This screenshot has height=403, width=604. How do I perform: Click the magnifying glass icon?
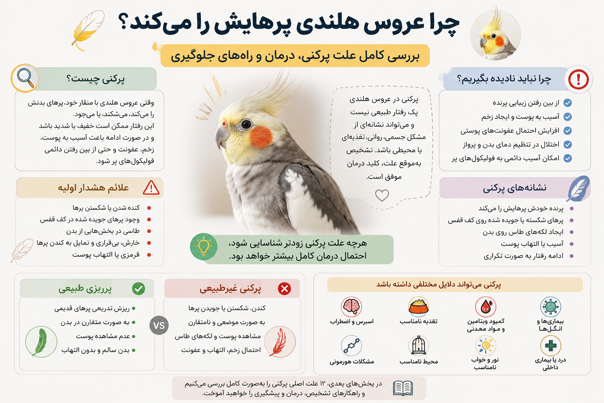pos(25,78)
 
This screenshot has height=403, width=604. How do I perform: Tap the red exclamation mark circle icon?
pos(578,79)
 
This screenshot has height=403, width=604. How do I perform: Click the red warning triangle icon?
pos(151,188)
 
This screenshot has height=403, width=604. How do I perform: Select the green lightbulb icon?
pos(204,246)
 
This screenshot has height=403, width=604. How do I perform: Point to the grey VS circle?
pos(159,325)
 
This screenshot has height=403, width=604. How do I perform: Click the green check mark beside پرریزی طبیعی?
pos(138,288)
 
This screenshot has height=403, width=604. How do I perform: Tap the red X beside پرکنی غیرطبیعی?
pos(284,288)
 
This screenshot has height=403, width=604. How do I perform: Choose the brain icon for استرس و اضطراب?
pos(351,307)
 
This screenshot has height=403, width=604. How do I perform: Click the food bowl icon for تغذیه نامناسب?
pos(418,307)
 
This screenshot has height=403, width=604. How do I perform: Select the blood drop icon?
pos(485,307)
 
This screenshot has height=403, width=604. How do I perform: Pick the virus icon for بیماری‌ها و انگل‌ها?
pos(551,307)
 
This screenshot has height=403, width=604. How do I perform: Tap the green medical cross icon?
pos(551,346)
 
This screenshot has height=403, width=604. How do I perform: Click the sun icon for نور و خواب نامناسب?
pos(485,346)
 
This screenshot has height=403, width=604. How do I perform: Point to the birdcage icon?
pos(418,346)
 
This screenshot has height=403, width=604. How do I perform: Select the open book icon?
pos(403,388)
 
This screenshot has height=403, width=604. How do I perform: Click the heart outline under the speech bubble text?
pos(382,196)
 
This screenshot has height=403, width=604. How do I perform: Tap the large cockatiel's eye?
pos(246,124)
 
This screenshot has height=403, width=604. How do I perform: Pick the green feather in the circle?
pos(41,342)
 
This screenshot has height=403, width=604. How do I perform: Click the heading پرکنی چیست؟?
pos(96,79)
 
